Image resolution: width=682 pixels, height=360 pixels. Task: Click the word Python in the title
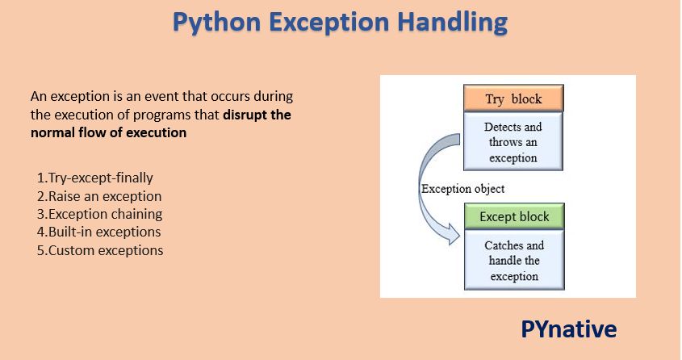click(x=216, y=22)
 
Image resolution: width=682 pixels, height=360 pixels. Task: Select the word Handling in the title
click(x=452, y=22)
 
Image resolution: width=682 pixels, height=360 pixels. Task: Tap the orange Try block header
click(x=513, y=98)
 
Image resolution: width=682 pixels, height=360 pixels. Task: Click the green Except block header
click(x=514, y=216)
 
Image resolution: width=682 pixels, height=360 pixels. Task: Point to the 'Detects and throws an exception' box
click(x=513, y=141)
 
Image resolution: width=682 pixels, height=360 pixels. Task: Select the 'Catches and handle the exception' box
click(x=514, y=260)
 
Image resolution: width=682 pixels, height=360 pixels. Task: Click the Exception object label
click(x=462, y=189)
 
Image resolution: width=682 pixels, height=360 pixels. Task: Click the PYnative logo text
click(x=568, y=329)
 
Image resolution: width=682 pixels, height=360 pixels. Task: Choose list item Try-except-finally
click(x=94, y=178)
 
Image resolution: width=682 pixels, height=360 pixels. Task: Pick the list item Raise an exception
click(x=99, y=196)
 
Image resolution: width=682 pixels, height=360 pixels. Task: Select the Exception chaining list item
click(x=99, y=214)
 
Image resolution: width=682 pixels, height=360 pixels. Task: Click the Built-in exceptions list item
click(x=98, y=232)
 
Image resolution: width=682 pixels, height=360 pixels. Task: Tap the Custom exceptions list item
click(x=100, y=250)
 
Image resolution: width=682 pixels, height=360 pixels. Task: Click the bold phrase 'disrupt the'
click(x=257, y=115)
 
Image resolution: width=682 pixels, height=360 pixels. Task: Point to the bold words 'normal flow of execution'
click(x=108, y=132)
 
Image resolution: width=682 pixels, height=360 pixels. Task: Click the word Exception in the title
click(x=328, y=22)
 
